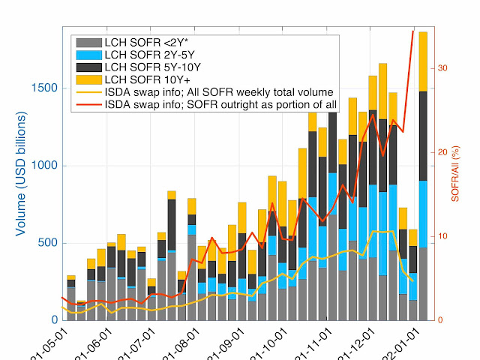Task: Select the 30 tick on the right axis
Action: tap(442, 68)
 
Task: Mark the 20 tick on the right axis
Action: tap(442, 152)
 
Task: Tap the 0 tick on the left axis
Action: tap(52, 320)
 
